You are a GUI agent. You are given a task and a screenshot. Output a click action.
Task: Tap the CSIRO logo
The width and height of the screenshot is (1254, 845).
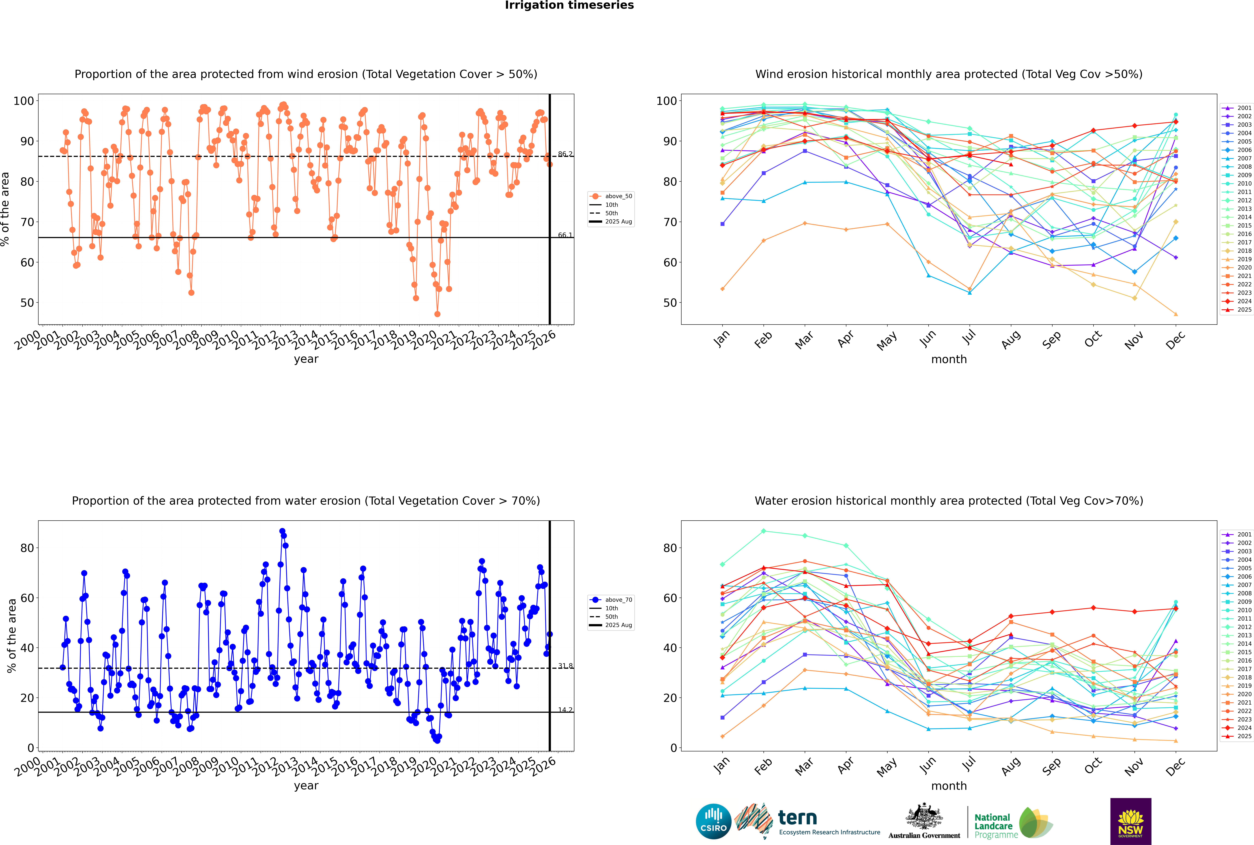pos(713,821)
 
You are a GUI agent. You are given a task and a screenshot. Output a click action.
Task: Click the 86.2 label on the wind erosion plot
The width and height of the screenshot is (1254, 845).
pos(565,154)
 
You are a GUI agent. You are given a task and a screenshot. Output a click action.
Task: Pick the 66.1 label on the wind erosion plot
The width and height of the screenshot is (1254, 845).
pos(565,235)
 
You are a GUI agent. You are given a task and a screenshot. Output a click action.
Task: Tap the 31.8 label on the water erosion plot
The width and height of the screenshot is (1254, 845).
pos(565,666)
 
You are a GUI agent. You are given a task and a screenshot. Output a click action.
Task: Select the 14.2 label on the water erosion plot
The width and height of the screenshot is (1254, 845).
pos(565,710)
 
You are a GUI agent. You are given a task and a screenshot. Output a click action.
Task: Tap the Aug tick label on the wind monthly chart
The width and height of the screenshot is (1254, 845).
pos(1011,339)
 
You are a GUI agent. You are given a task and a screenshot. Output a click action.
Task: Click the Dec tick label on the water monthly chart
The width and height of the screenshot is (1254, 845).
pos(1175,766)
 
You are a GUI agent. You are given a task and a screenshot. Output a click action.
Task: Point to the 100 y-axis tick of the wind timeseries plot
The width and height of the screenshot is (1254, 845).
pos(24,101)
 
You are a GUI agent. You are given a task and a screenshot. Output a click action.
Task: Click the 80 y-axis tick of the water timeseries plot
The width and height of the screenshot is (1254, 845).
pos(27,548)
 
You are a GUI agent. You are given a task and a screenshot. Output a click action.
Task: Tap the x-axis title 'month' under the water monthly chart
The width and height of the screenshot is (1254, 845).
pos(949,786)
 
